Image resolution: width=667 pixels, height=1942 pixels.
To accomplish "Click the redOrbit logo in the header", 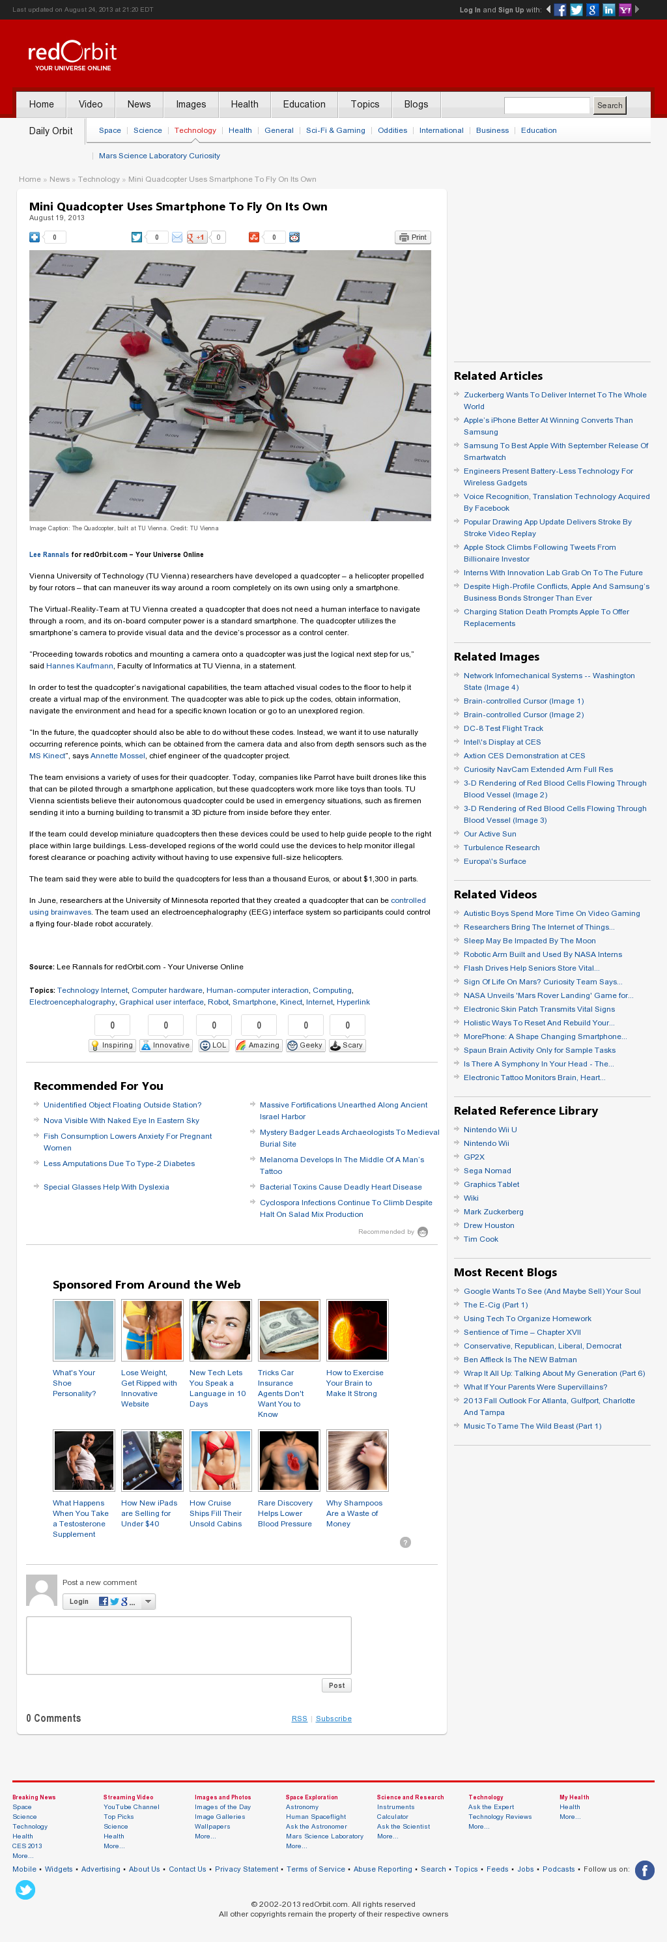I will tap(72, 55).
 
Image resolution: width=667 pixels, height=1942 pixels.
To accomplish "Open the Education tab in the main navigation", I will tap(304, 104).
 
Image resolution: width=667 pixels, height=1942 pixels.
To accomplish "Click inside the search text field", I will tap(546, 106).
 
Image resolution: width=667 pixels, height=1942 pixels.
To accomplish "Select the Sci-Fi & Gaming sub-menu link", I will tap(335, 130).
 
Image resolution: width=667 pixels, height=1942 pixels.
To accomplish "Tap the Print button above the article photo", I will tap(412, 238).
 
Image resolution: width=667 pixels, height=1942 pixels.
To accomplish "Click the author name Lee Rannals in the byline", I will tap(49, 555).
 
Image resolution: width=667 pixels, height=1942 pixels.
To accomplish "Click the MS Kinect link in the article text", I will tap(48, 756).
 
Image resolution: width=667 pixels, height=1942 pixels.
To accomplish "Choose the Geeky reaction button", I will tap(306, 1045).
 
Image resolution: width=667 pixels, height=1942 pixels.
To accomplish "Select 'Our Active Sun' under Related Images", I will tap(489, 834).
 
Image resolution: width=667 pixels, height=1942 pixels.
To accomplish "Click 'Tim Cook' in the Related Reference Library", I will tap(480, 1238).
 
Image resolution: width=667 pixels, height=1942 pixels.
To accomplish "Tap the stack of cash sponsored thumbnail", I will tap(289, 1330).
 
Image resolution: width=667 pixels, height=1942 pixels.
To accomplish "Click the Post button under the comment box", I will tap(336, 1685).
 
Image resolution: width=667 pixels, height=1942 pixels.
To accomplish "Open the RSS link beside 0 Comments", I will tap(299, 1718).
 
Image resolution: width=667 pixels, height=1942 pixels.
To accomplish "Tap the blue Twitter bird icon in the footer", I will tap(25, 1889).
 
